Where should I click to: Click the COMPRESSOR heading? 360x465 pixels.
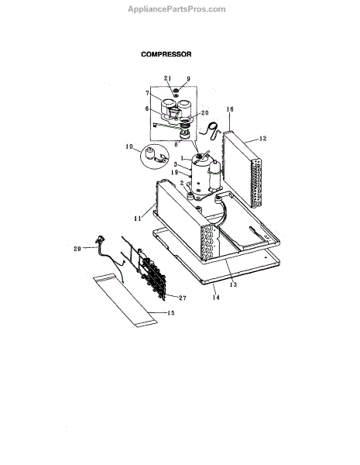[166, 54]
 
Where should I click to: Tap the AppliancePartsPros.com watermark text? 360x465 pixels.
[177, 9]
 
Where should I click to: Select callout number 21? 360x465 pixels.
[168, 78]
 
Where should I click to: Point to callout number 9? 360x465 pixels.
[188, 79]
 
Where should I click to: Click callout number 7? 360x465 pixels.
[148, 94]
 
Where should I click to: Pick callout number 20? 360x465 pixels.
[205, 112]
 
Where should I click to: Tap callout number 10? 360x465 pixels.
[129, 146]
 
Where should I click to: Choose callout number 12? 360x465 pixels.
[262, 139]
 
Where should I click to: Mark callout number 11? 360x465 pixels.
[138, 219]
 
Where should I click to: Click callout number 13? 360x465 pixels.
[234, 284]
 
